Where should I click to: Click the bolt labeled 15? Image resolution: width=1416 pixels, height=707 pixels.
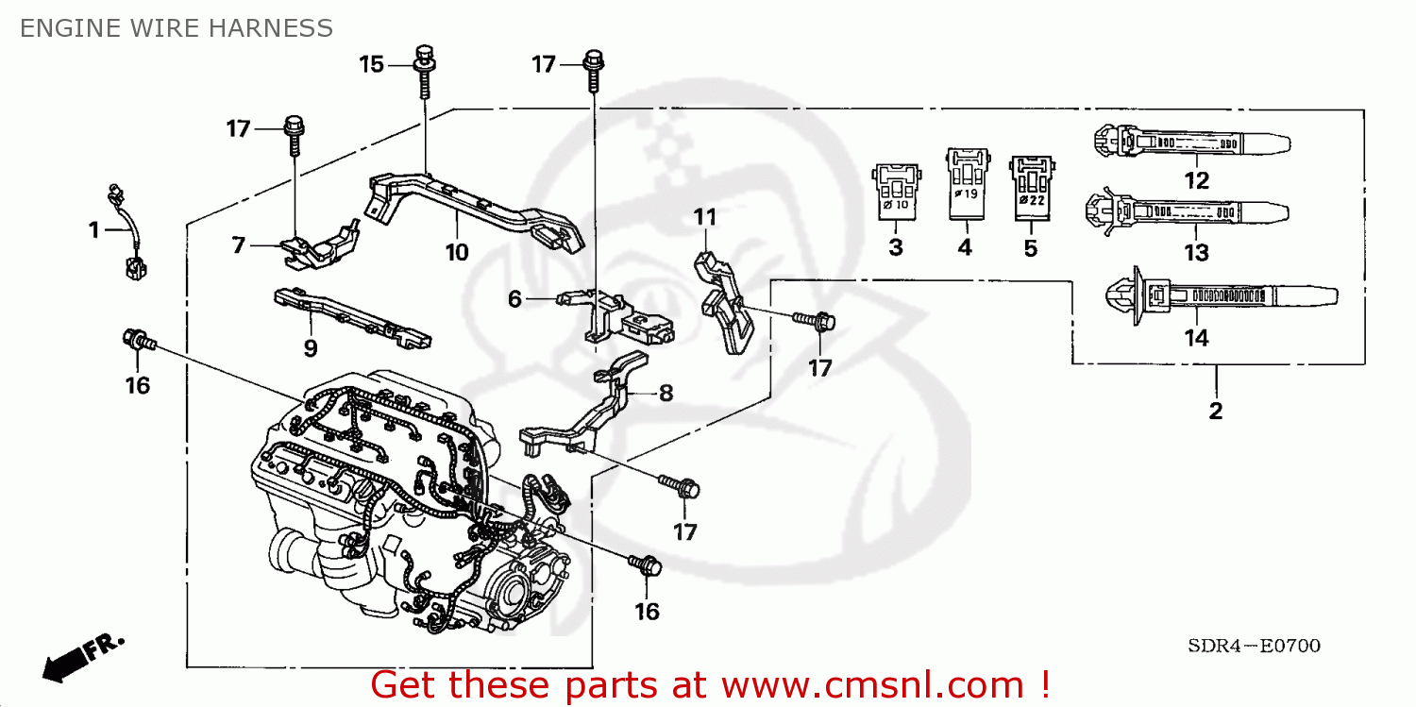tap(424, 70)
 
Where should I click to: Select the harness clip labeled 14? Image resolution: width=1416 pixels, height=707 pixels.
tap(1218, 295)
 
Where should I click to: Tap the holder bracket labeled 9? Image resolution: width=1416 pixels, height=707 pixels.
tap(350, 315)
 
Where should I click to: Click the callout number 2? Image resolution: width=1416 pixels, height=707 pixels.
tap(1215, 411)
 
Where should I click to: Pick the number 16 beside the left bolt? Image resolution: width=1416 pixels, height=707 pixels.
tap(138, 385)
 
